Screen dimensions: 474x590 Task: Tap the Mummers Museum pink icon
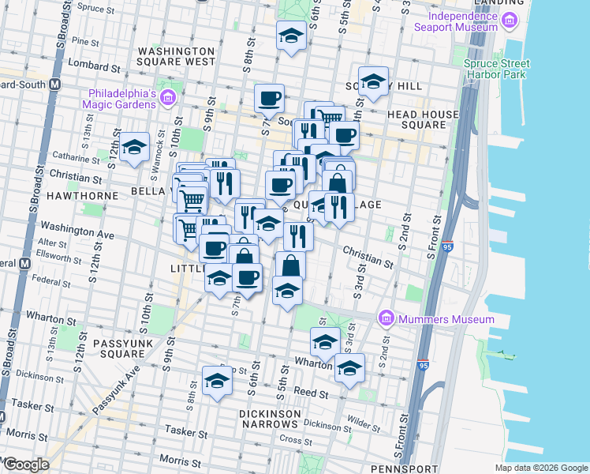[386, 319]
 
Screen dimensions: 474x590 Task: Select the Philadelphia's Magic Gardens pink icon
[167, 98]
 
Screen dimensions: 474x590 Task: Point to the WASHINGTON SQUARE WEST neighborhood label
[176, 55]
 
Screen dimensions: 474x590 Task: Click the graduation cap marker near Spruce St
[291, 36]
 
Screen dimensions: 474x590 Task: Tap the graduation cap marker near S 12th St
[135, 147]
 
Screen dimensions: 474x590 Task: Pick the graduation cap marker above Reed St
[215, 382]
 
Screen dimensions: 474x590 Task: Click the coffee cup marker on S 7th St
[269, 99]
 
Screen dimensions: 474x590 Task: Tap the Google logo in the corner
[26, 465]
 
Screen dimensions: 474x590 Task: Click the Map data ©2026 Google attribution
[542, 468]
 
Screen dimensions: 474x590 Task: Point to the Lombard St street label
[89, 63]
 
